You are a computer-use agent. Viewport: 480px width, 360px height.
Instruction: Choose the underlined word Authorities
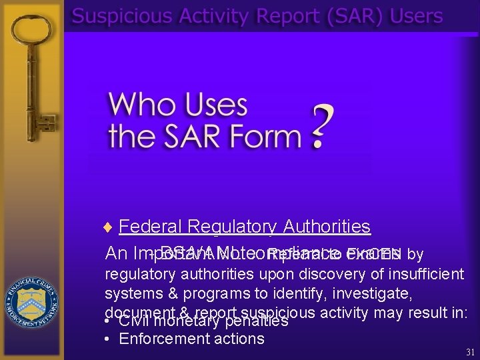coord(327,227)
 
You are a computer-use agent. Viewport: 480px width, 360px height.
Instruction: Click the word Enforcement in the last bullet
coord(161,338)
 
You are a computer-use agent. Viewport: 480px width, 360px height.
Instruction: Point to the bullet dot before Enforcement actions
coord(108,339)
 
